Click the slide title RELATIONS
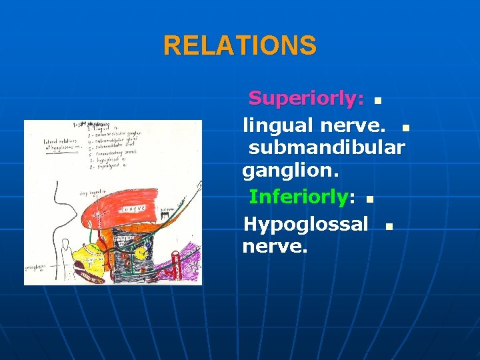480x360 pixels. point(240,46)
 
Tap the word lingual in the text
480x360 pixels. point(277,125)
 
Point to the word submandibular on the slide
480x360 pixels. point(327,147)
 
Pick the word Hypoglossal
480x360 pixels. point(305,224)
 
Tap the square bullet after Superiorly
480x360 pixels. point(378,101)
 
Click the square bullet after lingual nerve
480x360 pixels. point(407,127)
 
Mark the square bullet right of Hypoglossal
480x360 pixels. point(390,227)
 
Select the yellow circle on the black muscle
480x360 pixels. point(141,253)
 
